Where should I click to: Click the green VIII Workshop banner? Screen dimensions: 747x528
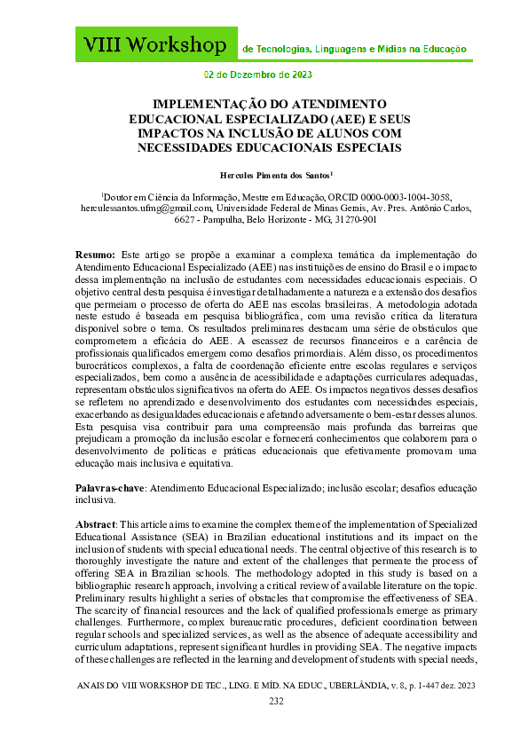coord(155,44)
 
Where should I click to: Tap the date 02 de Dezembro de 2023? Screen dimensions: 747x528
coord(264,75)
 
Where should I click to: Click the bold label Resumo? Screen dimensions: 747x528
coord(95,254)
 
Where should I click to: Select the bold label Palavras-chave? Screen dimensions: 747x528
coord(109,489)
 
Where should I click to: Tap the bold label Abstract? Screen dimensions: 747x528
coord(96,524)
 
